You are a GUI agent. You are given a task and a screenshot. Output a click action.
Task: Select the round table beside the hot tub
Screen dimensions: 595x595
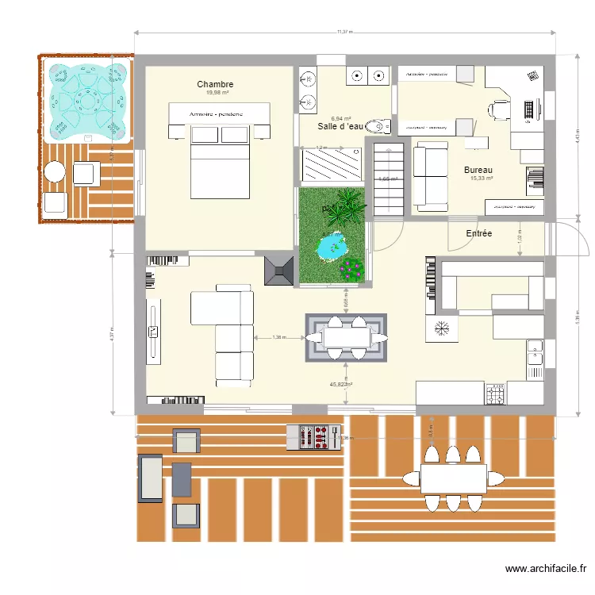54,171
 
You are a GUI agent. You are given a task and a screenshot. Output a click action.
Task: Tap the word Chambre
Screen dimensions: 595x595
215,84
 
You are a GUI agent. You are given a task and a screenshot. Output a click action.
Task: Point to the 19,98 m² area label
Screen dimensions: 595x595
215,93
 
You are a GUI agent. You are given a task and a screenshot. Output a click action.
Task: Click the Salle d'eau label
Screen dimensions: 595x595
340,126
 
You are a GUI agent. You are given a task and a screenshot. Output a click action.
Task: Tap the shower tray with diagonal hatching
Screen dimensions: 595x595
332,167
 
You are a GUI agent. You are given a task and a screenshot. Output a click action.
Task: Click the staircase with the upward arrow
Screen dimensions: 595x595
389,181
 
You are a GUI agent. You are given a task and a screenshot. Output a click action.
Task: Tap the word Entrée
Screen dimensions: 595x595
478,233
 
